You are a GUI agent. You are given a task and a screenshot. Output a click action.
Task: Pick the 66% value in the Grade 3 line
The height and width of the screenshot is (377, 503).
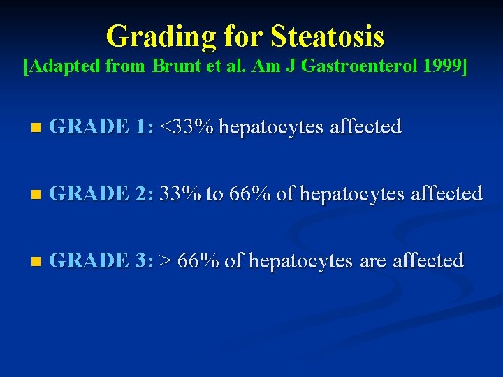[x=199, y=260]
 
